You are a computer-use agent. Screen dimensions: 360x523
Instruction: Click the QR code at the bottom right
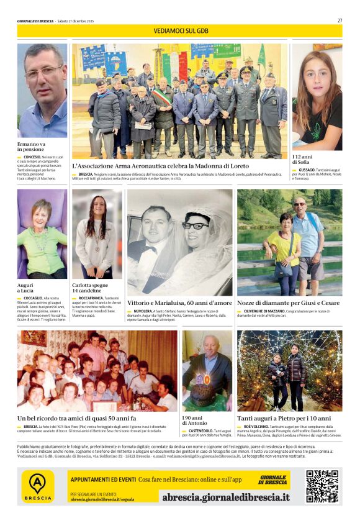click(322, 486)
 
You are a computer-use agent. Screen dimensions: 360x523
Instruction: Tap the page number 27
click(340, 20)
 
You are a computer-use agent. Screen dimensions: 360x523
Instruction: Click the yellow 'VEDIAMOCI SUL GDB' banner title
click(179, 30)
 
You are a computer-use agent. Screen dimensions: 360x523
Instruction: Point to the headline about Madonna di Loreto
click(161, 166)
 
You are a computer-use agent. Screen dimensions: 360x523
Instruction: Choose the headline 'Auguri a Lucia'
click(27, 288)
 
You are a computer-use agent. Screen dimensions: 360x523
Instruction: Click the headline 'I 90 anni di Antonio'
click(195, 420)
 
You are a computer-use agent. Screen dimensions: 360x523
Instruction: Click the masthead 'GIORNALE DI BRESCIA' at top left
click(35, 20)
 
